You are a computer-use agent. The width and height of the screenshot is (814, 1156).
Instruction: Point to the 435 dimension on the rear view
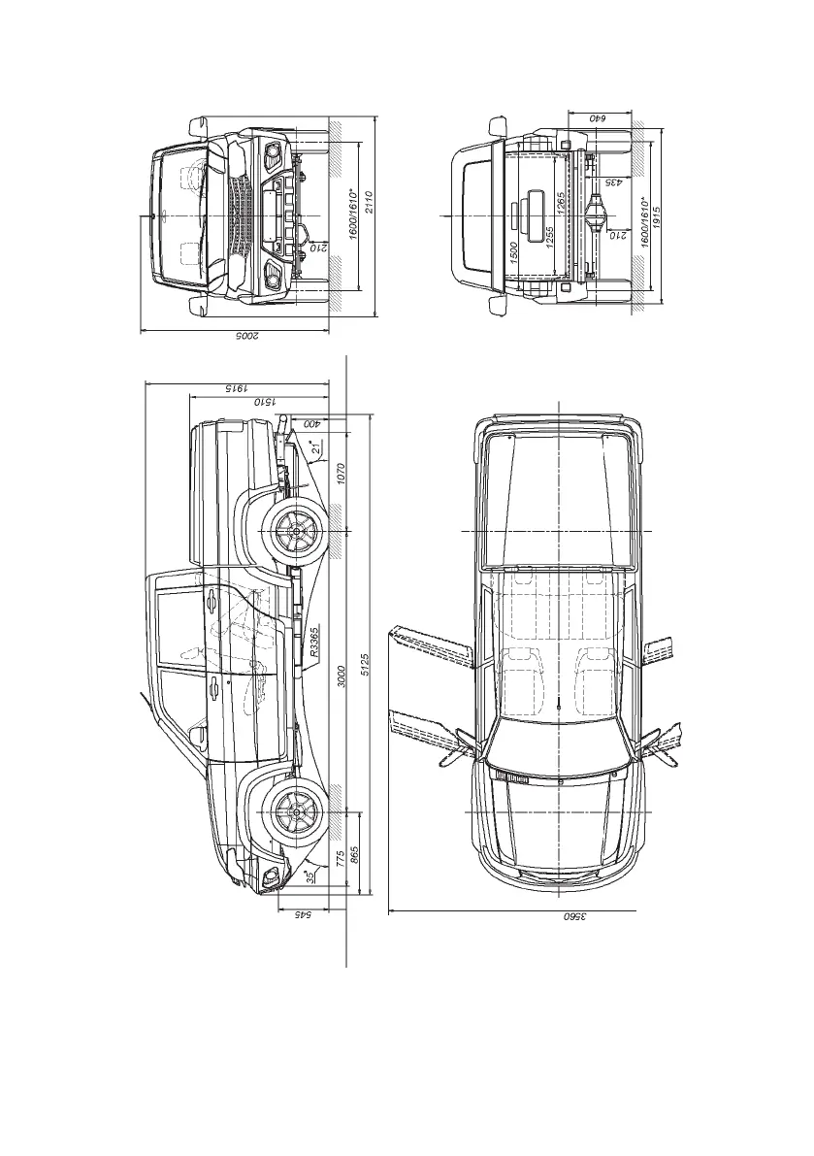pos(613,182)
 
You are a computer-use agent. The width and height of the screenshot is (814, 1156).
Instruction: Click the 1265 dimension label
pos(561,206)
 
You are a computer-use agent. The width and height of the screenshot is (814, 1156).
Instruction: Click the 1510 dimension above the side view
pos(266,399)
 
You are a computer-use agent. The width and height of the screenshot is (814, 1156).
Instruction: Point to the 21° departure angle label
pos(315,448)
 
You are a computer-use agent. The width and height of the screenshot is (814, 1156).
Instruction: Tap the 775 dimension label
pos(341,858)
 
